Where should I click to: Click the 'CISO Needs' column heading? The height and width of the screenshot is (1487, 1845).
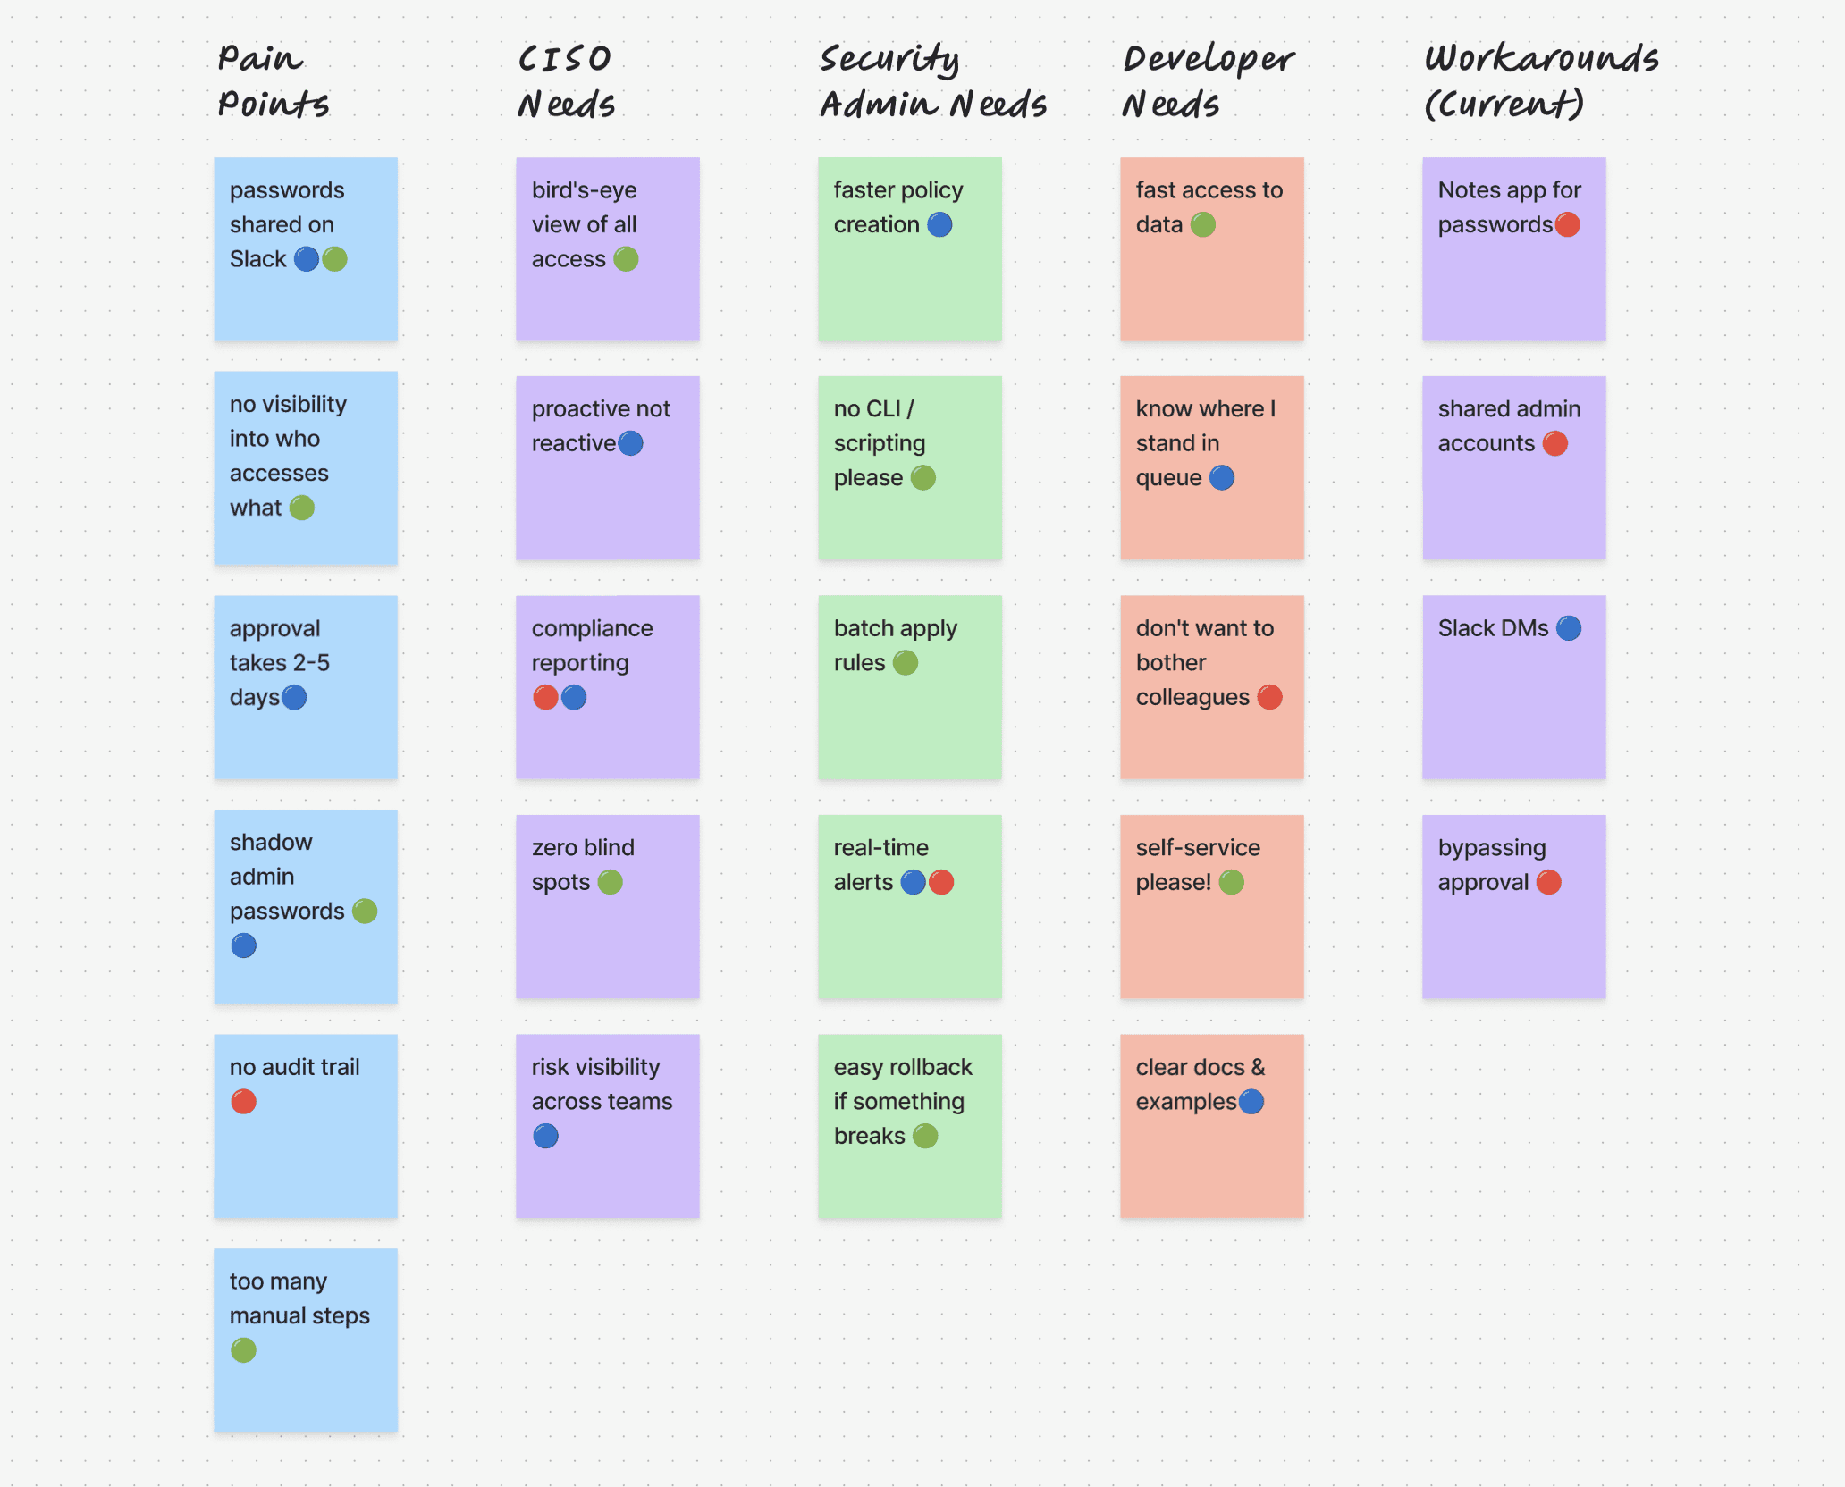coord(567,81)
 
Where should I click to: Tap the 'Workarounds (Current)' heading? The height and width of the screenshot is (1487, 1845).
coord(1541,81)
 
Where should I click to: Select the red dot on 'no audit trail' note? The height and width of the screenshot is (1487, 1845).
coord(243,1102)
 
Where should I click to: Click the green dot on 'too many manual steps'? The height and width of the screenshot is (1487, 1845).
coord(243,1350)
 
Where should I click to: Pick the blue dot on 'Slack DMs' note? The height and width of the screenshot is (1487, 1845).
coord(1569,628)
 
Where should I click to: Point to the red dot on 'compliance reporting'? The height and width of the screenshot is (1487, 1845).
coord(545,697)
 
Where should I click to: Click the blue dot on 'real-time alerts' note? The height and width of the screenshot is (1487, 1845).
coord(913,882)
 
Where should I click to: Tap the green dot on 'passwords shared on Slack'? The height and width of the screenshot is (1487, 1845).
coord(334,259)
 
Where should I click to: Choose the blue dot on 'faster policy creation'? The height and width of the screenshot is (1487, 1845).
coord(939,224)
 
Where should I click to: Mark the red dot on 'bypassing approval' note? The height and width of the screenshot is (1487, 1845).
coord(1549,882)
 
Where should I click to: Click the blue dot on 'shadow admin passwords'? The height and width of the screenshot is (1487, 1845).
coord(243,945)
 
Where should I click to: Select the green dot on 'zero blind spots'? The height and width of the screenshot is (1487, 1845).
coord(611,882)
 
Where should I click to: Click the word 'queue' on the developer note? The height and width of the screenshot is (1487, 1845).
coord(1168,478)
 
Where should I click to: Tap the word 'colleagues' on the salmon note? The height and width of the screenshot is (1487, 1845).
coord(1192,697)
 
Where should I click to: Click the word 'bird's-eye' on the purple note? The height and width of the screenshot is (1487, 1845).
coord(585,190)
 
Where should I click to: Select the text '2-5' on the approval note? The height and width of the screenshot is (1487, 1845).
coord(311,662)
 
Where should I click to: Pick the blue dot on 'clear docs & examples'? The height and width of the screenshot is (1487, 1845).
coord(1251,1102)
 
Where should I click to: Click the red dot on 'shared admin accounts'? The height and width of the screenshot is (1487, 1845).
coord(1555,443)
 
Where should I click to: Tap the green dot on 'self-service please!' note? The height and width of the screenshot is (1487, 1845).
coord(1232,882)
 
